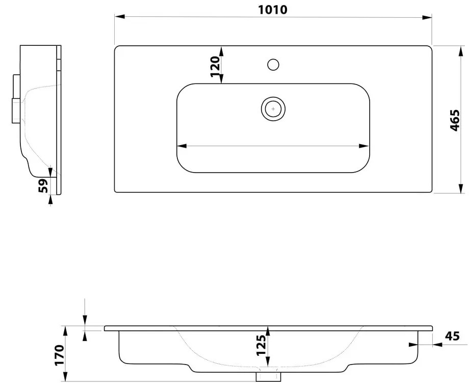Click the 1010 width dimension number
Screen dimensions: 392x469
point(273,9)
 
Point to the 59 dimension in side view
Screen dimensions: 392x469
point(44,186)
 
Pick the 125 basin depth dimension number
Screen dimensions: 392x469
point(261,345)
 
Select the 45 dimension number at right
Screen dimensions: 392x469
point(452,336)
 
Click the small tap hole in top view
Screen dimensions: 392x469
point(273,65)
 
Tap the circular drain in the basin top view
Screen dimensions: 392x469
point(273,108)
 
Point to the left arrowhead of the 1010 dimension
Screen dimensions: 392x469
point(118,17)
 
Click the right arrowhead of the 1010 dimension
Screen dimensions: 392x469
point(429,17)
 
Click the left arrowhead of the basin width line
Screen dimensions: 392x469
point(180,146)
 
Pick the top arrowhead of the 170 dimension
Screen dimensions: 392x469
point(65,329)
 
